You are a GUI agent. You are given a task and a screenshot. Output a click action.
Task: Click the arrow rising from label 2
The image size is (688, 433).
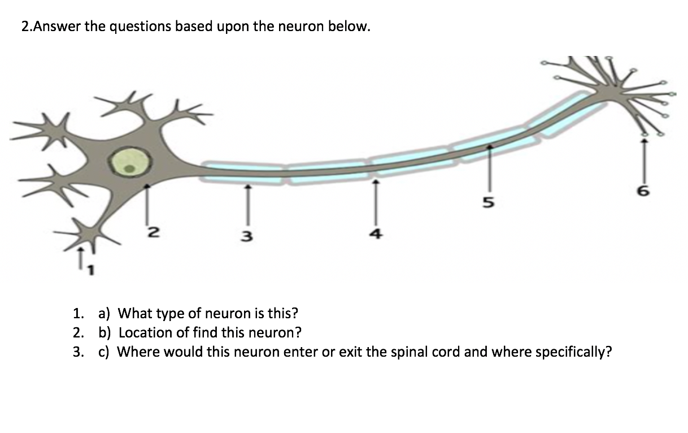point(147,203)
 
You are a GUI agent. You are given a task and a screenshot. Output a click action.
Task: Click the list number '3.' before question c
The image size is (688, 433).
point(79,352)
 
